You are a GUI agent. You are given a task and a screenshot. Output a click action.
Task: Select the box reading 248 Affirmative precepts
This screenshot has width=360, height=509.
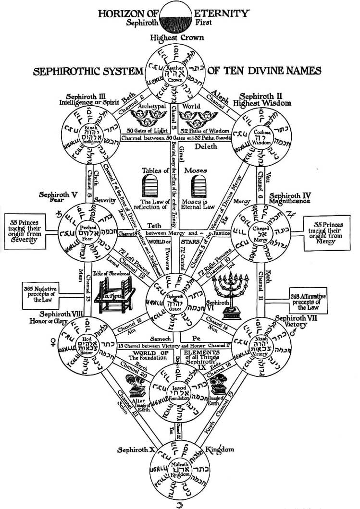pyautogui.click(x=308, y=301)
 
